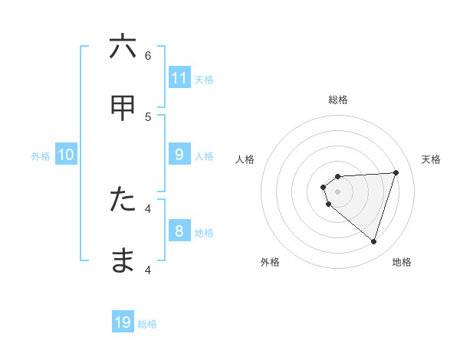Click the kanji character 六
[123, 47]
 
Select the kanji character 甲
[123, 108]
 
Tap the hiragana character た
[123, 200]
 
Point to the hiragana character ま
[123, 260]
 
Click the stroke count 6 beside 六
[148, 55]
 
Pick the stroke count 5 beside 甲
[148, 116]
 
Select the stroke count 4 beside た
[148, 208]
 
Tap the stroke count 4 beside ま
[148, 269]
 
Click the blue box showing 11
[179, 78]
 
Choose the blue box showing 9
[179, 155]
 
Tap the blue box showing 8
[179, 231]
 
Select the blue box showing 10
[66, 155]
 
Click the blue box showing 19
[123, 322]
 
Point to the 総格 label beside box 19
[148, 324]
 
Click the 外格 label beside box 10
[41, 156]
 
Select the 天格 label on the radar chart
[431, 159]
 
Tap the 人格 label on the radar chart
[245, 159]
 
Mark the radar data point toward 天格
[396, 172]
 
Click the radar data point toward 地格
[374, 242]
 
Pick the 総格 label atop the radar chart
[338, 100]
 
